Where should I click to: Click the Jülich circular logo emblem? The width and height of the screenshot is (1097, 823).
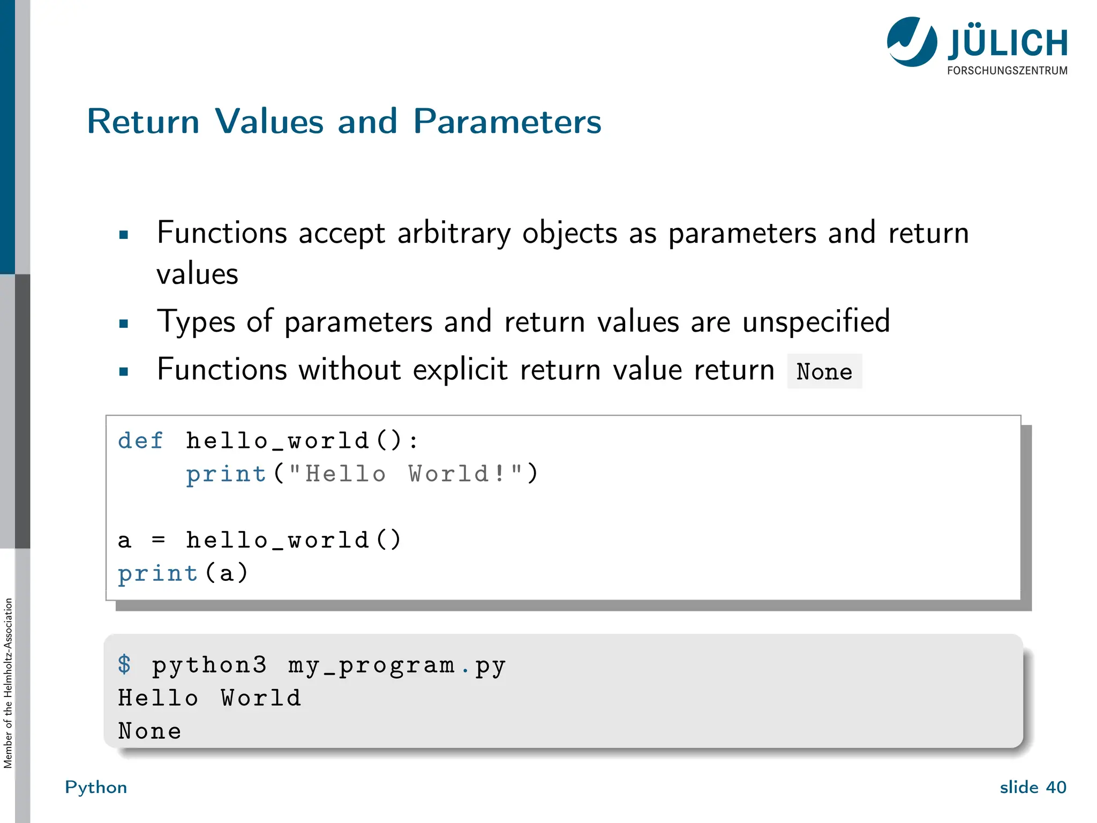click(x=912, y=42)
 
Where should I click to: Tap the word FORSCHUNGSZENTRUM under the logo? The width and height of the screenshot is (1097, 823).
click(x=1007, y=71)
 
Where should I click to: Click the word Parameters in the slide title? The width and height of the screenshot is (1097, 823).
click(x=507, y=122)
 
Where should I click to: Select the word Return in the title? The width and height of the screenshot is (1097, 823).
click(x=143, y=122)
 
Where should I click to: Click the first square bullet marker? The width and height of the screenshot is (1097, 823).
click(x=124, y=235)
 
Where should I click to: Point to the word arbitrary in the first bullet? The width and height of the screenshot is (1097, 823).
click(x=454, y=234)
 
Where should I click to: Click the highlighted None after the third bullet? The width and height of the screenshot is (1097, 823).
click(x=824, y=371)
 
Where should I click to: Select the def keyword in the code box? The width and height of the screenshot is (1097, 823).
click(x=140, y=441)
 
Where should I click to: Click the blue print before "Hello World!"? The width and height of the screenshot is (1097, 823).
click(x=226, y=474)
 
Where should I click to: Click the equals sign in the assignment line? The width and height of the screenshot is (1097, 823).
click(x=158, y=540)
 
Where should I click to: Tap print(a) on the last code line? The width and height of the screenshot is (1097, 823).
click(x=182, y=573)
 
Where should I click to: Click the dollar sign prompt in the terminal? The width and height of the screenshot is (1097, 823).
click(x=124, y=664)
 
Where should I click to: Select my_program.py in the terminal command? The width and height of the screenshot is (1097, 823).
click(x=397, y=665)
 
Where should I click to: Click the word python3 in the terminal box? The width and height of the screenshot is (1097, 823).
click(x=209, y=665)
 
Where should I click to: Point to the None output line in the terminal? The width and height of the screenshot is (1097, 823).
click(x=150, y=731)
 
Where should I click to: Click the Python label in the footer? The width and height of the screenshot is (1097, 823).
click(x=96, y=787)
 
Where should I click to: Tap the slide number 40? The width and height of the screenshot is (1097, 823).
click(x=1056, y=787)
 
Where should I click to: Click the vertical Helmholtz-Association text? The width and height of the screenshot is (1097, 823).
click(x=8, y=683)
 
